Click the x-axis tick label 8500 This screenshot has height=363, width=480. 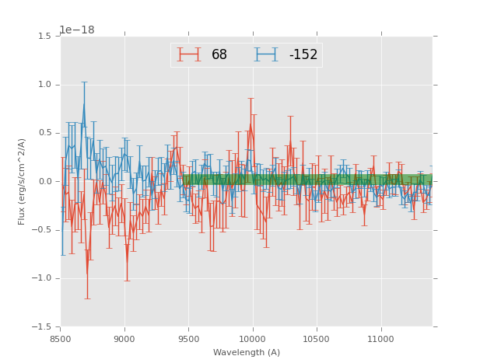point(61,338)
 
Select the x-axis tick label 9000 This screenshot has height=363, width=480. point(124,338)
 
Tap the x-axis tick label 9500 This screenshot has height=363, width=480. point(188,338)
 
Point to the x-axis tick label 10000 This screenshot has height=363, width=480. point(253,338)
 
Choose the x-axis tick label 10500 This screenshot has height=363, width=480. point(317,338)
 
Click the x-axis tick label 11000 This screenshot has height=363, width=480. point(380,338)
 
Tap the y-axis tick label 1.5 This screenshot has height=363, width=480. point(44,37)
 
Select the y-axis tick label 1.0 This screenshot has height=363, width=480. point(44,85)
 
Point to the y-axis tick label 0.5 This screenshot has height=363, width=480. point(44,133)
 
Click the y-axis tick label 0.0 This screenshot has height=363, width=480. point(44,182)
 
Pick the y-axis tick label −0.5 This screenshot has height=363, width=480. point(42,230)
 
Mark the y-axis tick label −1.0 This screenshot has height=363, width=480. point(42,278)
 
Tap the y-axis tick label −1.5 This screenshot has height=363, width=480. point(42,326)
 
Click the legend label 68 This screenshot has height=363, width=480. point(219,55)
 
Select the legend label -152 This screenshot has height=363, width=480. point(303,55)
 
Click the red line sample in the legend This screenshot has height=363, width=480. point(189,54)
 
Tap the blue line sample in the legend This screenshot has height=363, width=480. point(267,54)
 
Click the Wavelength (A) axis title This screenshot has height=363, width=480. point(247,353)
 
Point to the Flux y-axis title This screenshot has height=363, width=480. point(23,181)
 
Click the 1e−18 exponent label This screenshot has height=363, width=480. point(76,30)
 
